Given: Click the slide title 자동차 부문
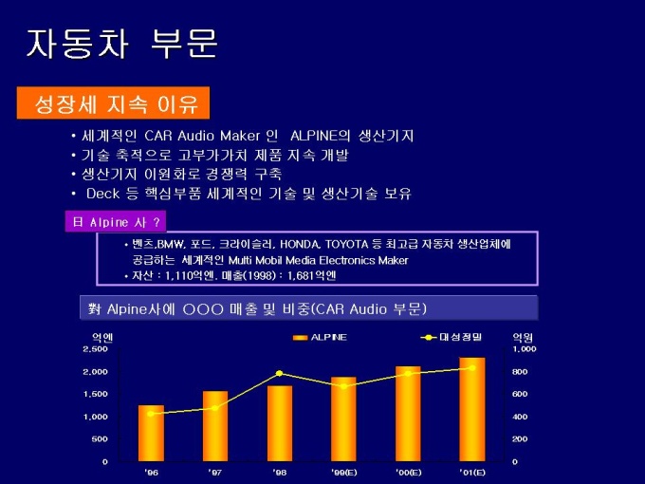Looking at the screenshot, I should (x=121, y=43).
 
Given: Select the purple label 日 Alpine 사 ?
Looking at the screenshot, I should (x=114, y=222).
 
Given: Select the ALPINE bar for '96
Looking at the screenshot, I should (x=151, y=434).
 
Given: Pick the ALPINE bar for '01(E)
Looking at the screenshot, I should (x=472, y=409).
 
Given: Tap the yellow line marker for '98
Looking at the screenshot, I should (x=279, y=373).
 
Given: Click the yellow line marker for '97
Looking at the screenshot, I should (x=215, y=408).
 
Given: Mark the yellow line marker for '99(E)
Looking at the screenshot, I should (x=343, y=385).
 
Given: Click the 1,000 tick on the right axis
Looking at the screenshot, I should (x=525, y=348).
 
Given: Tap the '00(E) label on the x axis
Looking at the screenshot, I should (x=408, y=472).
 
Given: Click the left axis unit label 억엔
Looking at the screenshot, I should (x=101, y=336).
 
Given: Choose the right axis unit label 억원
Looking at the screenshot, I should (x=523, y=336).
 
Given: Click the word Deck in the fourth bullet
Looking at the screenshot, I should (x=101, y=193).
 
